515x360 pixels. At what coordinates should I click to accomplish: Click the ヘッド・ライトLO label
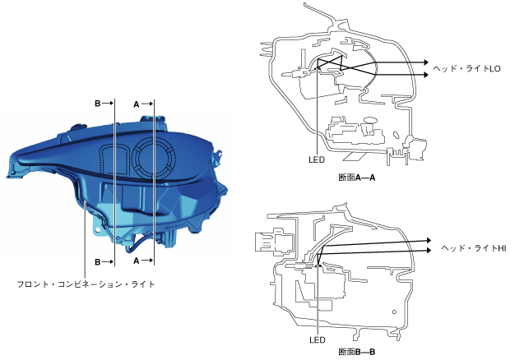click(x=466, y=68)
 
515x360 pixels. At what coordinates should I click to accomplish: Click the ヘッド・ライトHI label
click(x=473, y=248)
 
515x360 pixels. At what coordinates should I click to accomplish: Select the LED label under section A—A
click(x=317, y=159)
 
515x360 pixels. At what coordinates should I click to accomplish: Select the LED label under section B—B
click(x=318, y=340)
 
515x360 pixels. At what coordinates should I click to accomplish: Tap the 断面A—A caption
click(x=357, y=178)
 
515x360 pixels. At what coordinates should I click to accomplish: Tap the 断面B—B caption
click(x=357, y=352)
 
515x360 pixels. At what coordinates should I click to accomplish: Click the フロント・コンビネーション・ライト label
click(x=86, y=284)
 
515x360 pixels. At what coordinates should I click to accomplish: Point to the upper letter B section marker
click(x=98, y=104)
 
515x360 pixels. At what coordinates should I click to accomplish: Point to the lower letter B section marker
click(x=98, y=262)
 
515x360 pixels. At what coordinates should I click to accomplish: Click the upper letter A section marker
click(x=137, y=104)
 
